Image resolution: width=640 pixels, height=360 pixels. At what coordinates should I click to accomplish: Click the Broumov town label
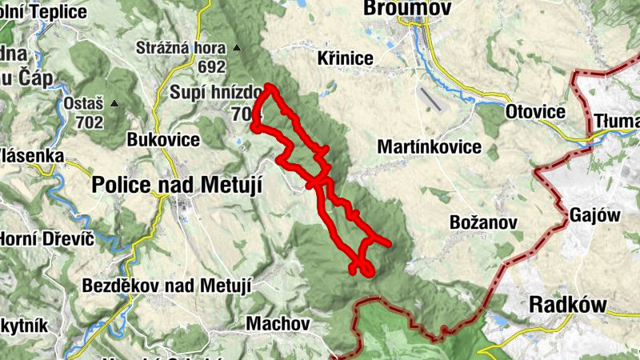pyautogui.click(x=407, y=8)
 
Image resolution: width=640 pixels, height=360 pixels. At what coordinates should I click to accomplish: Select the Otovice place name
pyautogui.click(x=536, y=112)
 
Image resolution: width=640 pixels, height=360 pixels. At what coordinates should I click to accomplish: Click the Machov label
pyautogui.click(x=278, y=324)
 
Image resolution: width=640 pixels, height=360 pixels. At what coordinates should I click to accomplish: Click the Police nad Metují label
pyautogui.click(x=177, y=183)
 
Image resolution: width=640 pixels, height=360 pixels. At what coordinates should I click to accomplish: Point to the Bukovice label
pyautogui.click(x=163, y=139)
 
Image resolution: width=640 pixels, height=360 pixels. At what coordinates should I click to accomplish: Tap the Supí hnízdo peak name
pyautogui.click(x=211, y=93)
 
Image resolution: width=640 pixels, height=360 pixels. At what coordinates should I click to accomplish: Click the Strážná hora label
pyautogui.click(x=181, y=47)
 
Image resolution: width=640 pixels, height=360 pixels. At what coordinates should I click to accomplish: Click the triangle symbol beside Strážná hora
pyautogui.click(x=237, y=48)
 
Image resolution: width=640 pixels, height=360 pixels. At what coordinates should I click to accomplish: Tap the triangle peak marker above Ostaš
pyautogui.click(x=114, y=103)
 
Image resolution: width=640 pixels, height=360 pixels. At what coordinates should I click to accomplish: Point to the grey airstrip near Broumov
pyautogui.click(x=430, y=98)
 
